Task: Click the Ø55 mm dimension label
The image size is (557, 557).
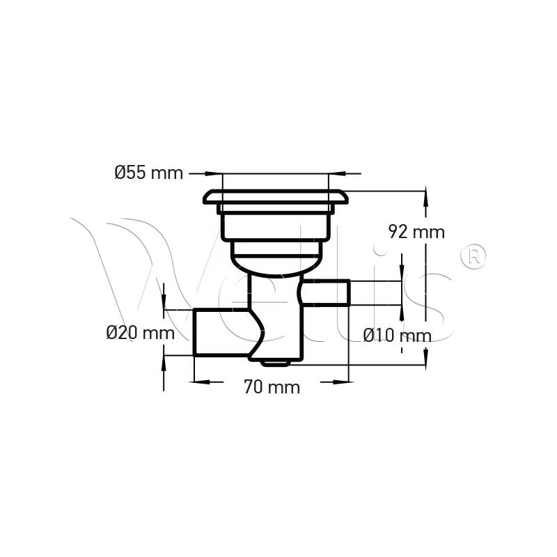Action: pos(148,173)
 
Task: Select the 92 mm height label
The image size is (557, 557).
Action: pos(416,233)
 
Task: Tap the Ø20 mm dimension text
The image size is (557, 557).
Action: pos(141,334)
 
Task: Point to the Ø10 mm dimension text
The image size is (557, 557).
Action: pos(397,336)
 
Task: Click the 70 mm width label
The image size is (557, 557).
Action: pos(272,387)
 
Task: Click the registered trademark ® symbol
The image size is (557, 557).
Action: pos(473,256)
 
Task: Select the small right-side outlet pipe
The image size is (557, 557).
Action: pos(326,293)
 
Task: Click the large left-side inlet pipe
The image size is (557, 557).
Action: pos(221,332)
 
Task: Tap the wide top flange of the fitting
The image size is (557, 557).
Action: pos(274,197)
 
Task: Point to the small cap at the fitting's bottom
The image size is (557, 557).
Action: pos(275,363)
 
